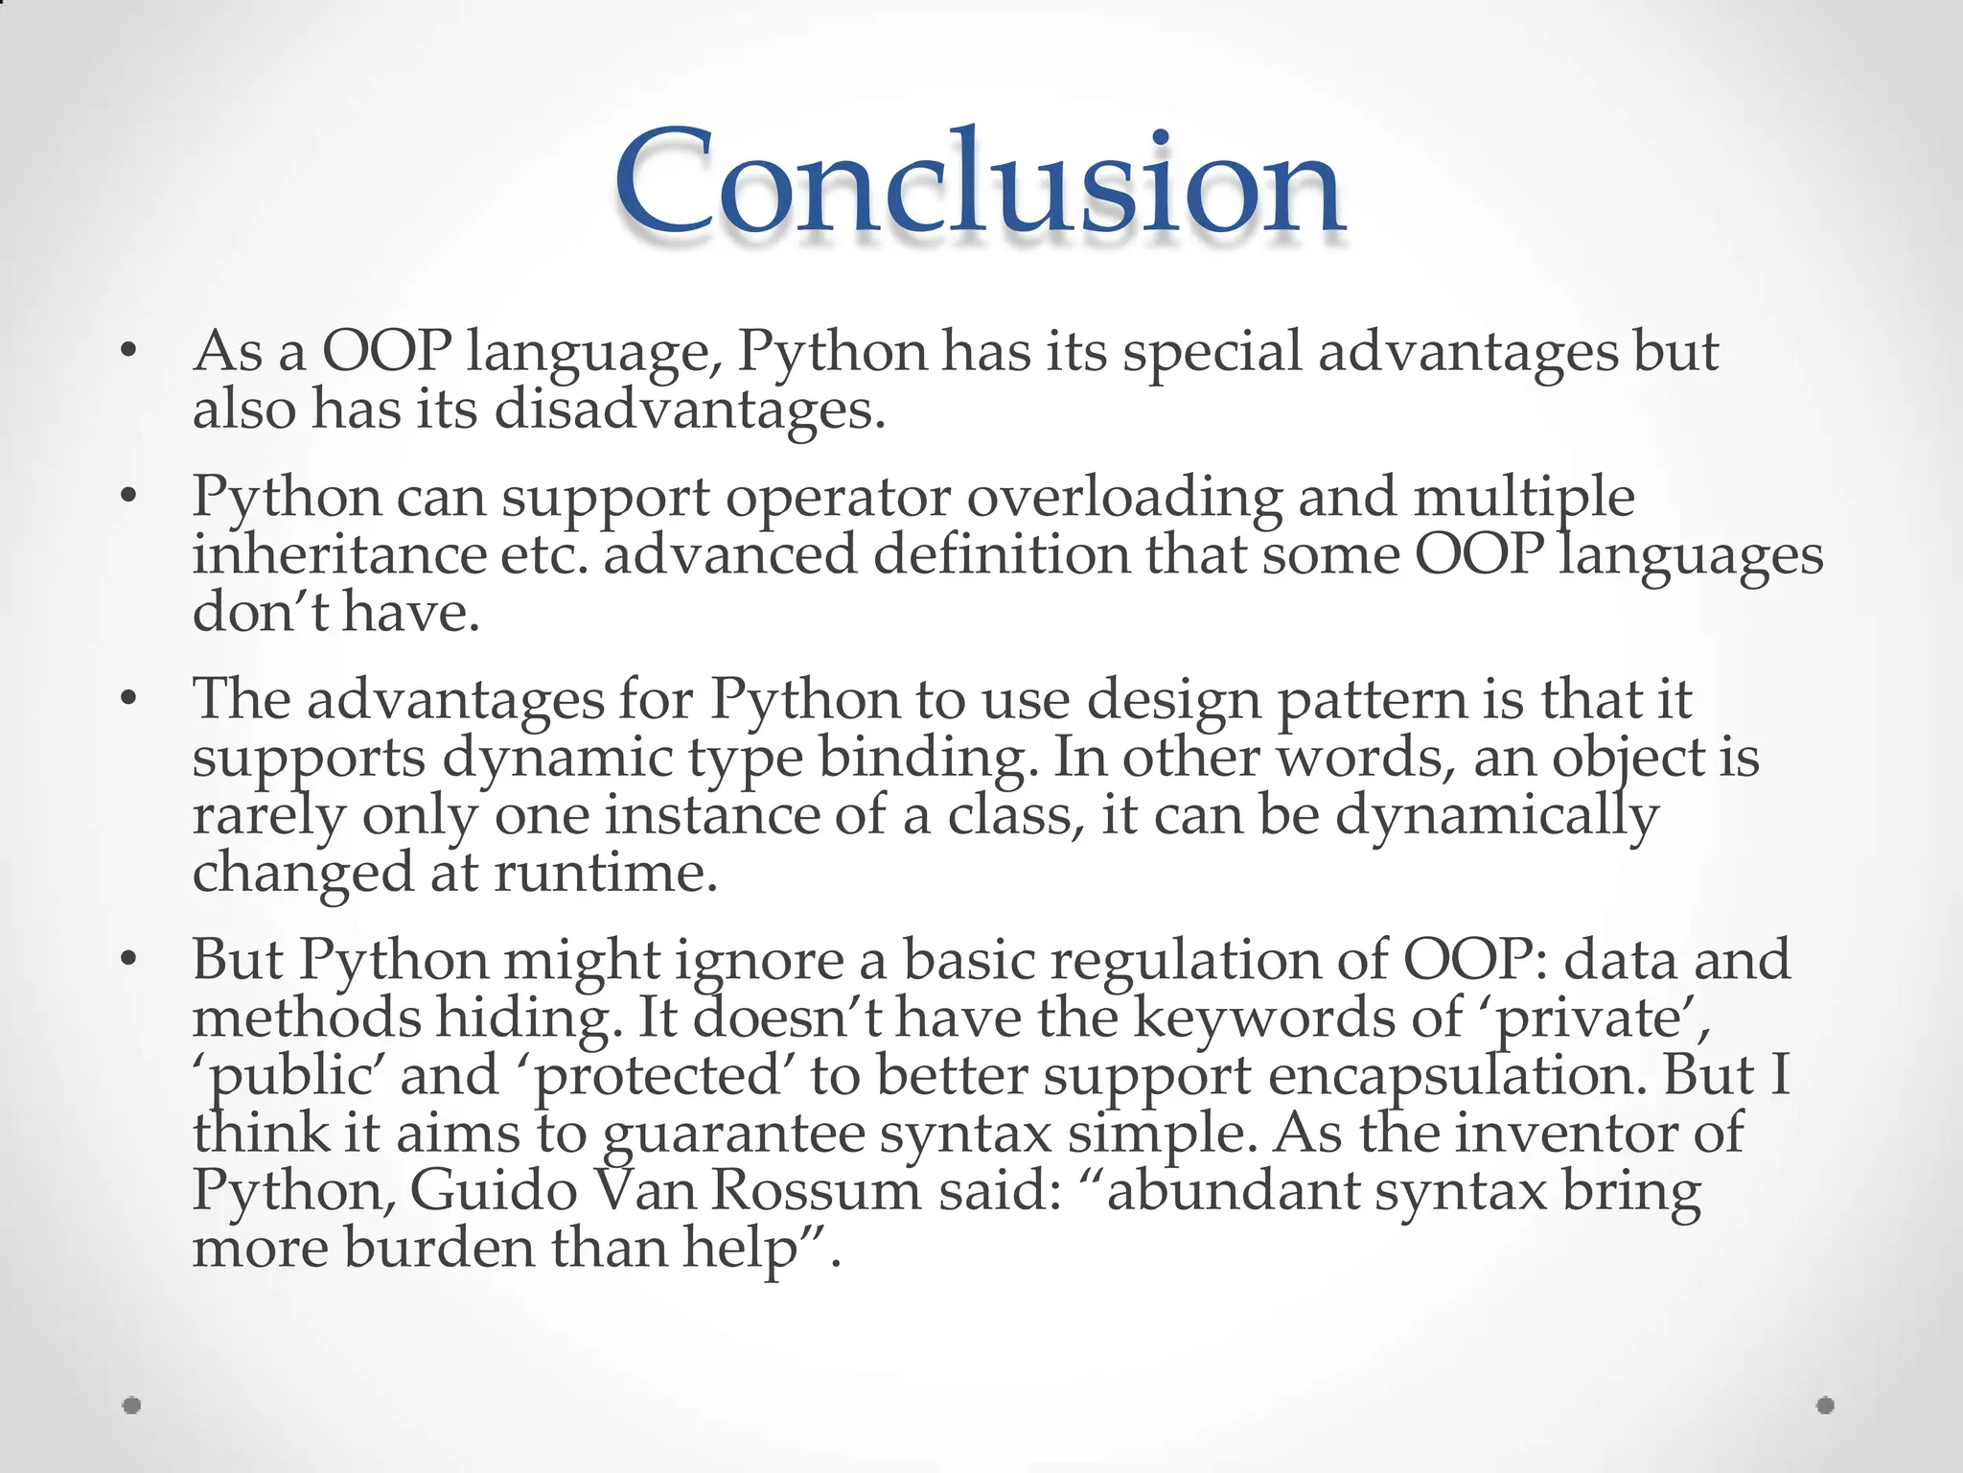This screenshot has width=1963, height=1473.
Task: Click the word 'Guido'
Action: [x=494, y=1190]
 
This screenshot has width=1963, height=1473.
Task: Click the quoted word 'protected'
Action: [x=658, y=1075]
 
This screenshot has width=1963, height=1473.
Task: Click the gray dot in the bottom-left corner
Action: [x=132, y=1406]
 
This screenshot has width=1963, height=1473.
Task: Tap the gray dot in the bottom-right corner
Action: [x=1825, y=1406]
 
